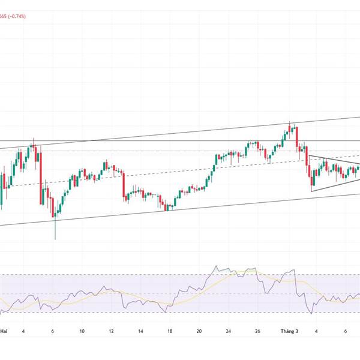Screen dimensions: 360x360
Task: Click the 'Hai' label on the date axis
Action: click(x=4, y=331)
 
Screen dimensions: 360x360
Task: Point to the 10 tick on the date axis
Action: click(x=82, y=331)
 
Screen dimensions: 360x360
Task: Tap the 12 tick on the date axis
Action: click(x=112, y=331)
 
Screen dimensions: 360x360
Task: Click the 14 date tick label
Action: click(x=140, y=331)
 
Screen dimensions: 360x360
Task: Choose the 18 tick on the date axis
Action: click(x=170, y=331)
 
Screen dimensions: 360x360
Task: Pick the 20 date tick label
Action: click(x=199, y=331)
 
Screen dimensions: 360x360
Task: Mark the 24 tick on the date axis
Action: click(x=229, y=331)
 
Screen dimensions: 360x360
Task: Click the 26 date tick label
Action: click(x=257, y=331)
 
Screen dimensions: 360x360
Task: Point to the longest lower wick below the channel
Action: click(x=55, y=231)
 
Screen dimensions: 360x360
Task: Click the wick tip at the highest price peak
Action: click(x=290, y=122)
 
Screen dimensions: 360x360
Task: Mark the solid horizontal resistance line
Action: click(x=150, y=141)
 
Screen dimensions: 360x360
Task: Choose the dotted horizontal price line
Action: click(x=150, y=151)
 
